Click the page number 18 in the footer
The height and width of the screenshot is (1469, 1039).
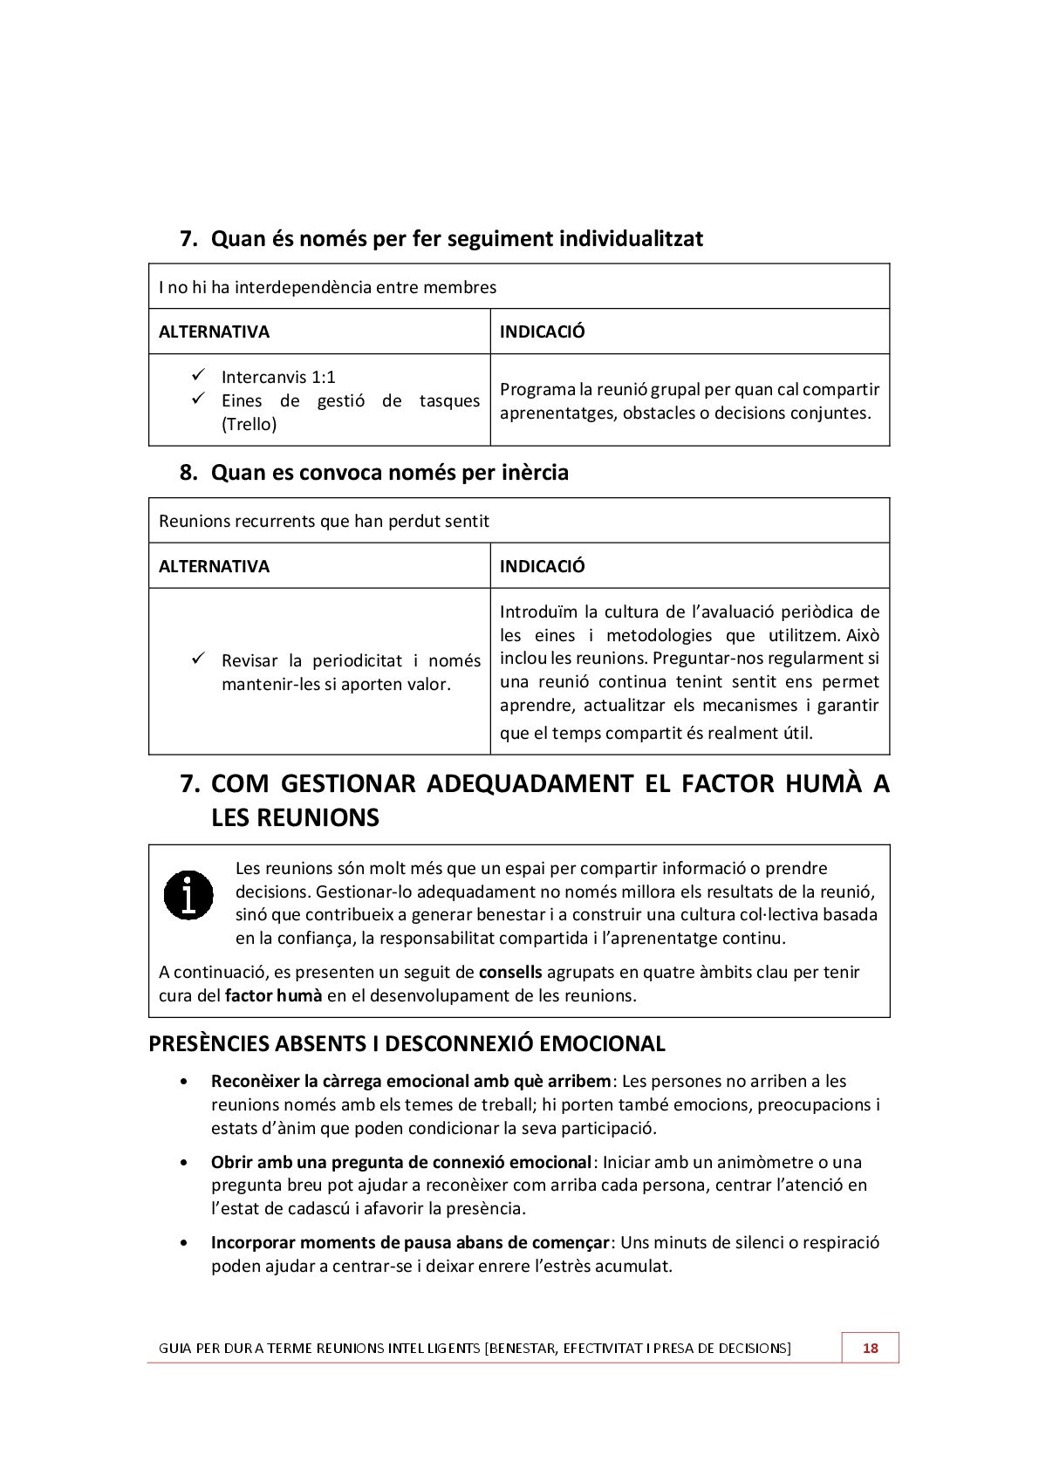pos(870,1348)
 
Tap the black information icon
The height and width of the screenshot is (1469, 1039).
pos(188,895)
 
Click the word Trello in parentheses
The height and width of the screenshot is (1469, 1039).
pos(249,425)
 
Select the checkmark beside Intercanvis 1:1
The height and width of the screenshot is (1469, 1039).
pos(198,375)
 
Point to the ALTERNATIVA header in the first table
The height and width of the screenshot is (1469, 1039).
pos(214,331)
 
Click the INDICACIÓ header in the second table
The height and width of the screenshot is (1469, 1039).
pos(542,566)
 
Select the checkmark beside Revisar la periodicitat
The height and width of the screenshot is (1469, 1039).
pos(198,658)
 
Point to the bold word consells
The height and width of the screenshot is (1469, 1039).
pos(510,972)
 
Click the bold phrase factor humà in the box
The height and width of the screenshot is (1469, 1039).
pos(273,995)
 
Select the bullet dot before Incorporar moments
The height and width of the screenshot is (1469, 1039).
pos(183,1243)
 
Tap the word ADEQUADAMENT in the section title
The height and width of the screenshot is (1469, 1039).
pos(530,783)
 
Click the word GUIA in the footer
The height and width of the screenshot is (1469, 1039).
pos(174,1349)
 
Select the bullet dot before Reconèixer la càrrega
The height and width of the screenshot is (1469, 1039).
pos(183,1082)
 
